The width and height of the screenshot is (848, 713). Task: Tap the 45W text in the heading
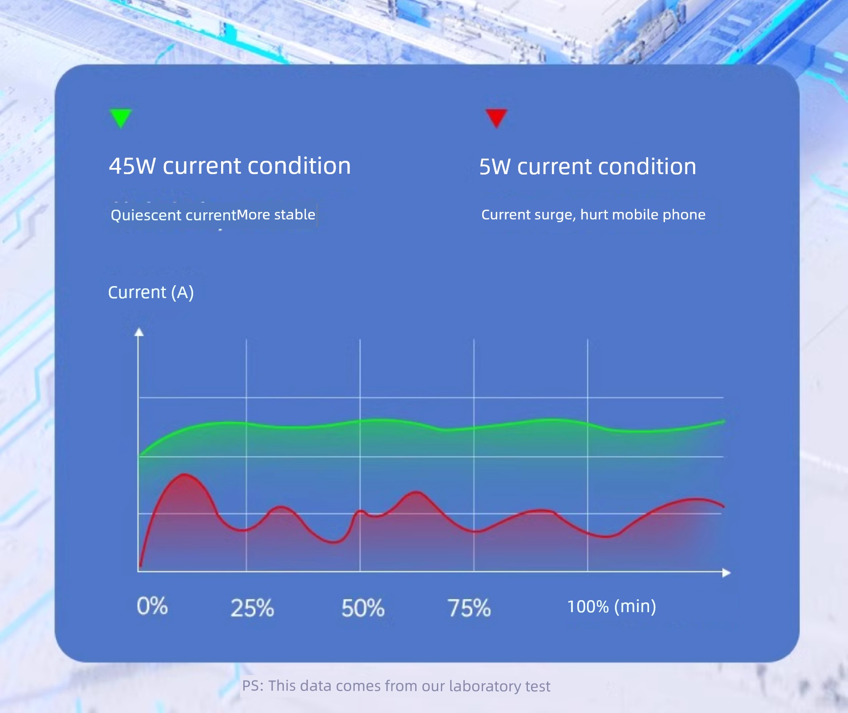tap(132, 166)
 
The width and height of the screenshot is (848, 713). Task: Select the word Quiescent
tap(146, 215)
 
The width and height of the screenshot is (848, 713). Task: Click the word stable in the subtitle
tap(294, 215)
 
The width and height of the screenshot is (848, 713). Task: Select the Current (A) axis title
tap(151, 292)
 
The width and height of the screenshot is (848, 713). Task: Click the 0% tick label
tap(152, 606)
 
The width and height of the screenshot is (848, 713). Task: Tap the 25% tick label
tap(252, 608)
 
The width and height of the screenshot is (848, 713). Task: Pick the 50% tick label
tap(363, 608)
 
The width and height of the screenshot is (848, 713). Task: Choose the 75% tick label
tap(469, 608)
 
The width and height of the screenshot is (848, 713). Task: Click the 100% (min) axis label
tap(612, 606)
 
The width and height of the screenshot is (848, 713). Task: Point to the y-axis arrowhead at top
tap(139, 332)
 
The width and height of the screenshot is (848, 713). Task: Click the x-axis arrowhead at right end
tap(726, 573)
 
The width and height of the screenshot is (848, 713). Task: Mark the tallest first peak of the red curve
tap(184, 474)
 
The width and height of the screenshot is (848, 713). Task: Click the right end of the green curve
tap(724, 421)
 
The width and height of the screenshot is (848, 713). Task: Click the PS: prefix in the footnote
tap(253, 686)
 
